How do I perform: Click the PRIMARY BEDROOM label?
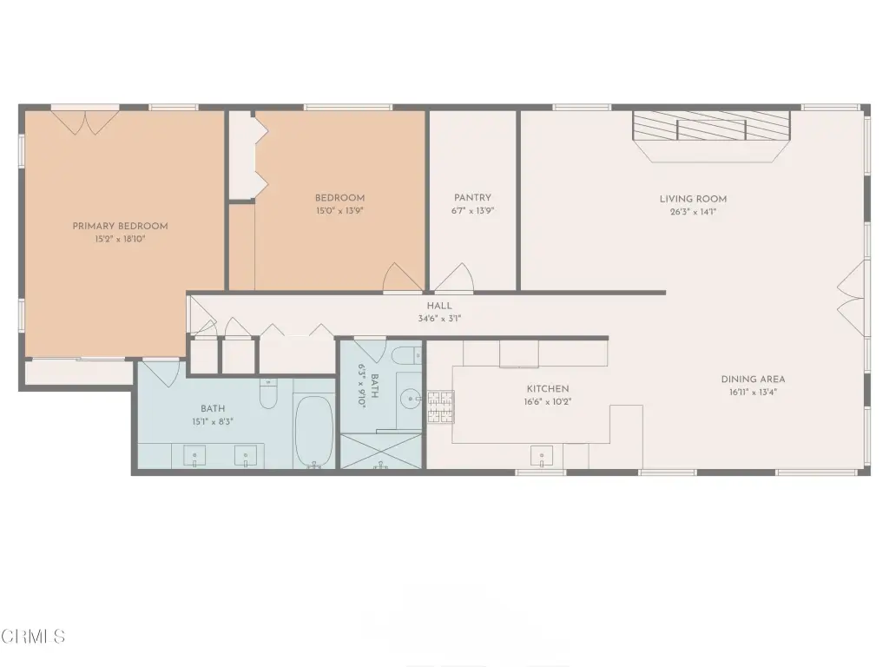[120, 226]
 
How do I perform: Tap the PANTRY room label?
[472, 197]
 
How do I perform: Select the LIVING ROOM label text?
[693, 199]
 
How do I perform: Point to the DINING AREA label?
[753, 379]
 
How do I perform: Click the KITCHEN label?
[548, 388]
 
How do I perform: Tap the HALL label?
[439, 306]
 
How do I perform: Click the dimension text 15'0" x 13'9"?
[339, 210]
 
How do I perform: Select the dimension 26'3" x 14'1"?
[693, 212]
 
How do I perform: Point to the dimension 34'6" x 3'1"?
[439, 318]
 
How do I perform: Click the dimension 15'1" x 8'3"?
[213, 421]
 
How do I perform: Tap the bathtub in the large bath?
[314, 431]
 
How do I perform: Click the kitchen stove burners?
[440, 406]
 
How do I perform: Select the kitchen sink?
[542, 455]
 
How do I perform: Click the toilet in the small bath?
[406, 355]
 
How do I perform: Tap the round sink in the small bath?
[411, 399]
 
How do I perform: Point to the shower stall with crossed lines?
[381, 452]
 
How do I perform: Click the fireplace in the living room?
[711, 136]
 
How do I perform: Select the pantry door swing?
[454, 278]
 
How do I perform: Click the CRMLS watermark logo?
[33, 636]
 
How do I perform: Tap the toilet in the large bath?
[268, 393]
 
